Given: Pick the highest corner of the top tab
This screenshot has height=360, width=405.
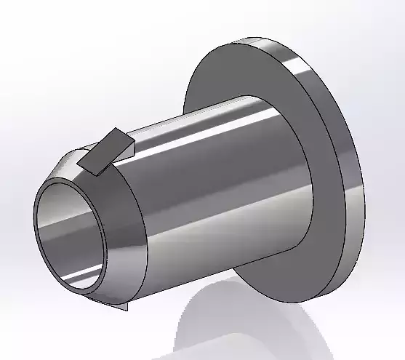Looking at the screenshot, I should tap(116, 129).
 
